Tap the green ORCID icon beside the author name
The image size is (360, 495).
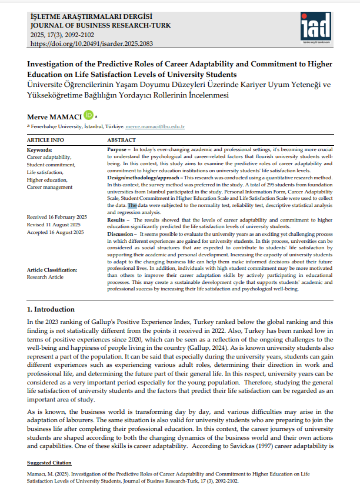click(88, 115)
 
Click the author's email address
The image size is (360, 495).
click(155, 126)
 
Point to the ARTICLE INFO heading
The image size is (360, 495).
click(46, 141)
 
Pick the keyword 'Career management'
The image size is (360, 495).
click(50, 187)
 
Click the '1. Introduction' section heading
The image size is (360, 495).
click(51, 309)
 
